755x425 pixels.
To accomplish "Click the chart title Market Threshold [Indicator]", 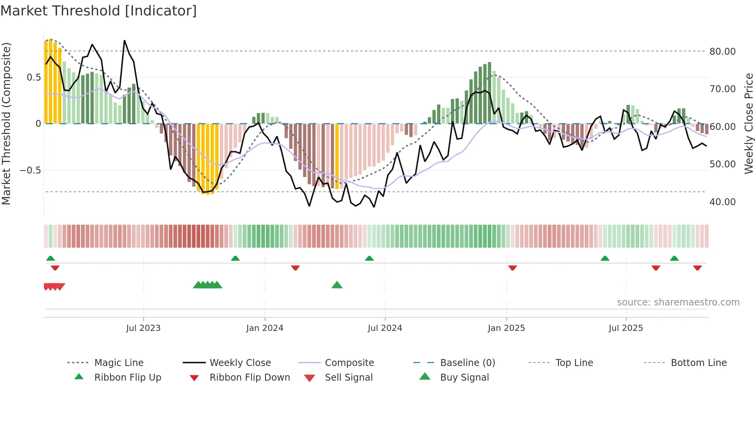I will (x=99, y=11).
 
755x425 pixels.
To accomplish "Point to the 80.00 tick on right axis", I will (x=722, y=52).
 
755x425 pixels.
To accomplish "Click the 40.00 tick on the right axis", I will (x=722, y=202).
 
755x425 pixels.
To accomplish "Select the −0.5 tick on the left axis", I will (x=30, y=170).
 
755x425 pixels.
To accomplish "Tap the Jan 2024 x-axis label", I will (x=265, y=328).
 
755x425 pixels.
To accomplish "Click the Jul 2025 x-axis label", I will (x=626, y=328).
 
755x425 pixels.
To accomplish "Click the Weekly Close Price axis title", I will (x=748, y=123).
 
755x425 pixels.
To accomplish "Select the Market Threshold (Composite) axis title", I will (x=6, y=123).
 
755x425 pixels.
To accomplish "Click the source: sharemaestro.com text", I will (x=678, y=302).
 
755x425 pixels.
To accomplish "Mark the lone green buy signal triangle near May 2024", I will (x=337, y=285).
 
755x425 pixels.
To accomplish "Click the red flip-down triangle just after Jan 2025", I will (x=512, y=268).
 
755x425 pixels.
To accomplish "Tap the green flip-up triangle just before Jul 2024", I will (x=369, y=258).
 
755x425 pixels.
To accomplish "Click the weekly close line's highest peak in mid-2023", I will (x=124, y=40).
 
